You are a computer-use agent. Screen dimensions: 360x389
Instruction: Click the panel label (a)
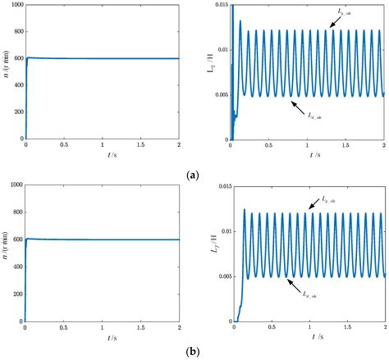(194, 175)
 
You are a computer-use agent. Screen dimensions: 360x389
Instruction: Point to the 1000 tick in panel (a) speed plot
(15, 5)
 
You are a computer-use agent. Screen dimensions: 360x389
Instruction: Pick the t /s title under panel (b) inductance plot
(307, 341)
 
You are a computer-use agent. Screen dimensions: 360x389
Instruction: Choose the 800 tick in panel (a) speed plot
(16, 32)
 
